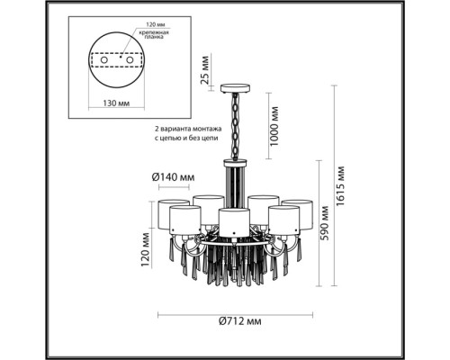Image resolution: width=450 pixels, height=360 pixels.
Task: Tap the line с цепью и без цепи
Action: point(190,141)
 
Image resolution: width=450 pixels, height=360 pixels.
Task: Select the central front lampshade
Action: point(234,220)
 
